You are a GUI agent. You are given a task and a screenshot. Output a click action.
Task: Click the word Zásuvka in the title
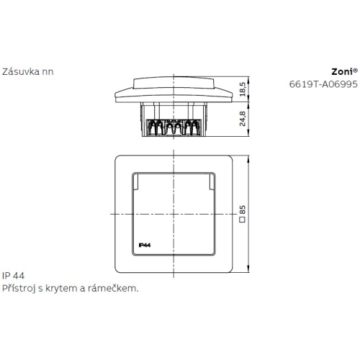click(x=21, y=71)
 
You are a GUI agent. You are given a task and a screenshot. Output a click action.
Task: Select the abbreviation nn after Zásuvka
click(x=47, y=71)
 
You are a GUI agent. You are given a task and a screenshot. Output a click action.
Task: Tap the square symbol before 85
click(x=243, y=220)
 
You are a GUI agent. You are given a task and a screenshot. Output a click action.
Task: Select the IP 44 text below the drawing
click(x=13, y=276)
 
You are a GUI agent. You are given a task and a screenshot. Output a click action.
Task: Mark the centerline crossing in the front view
click(x=174, y=215)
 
